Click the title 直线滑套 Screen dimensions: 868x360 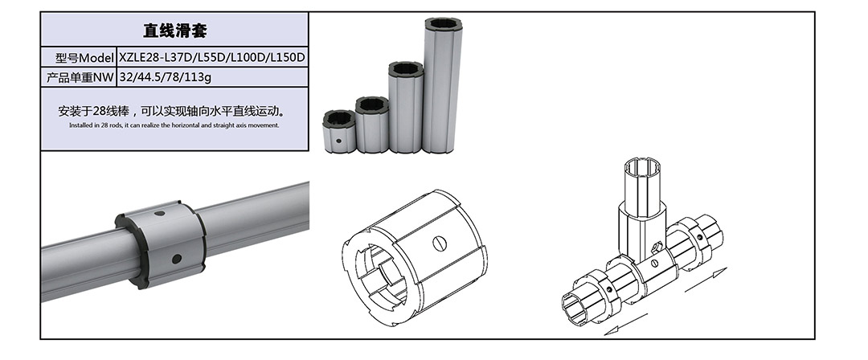[175, 30]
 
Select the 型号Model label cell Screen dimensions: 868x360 [79, 58]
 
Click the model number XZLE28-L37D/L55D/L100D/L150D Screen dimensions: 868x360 [212, 58]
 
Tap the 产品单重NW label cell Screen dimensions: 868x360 [79, 77]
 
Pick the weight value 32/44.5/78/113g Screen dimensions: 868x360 [165, 77]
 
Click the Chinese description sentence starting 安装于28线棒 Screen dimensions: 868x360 [174, 111]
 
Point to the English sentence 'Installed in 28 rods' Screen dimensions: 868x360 [174, 125]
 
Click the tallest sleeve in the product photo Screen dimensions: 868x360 [444, 85]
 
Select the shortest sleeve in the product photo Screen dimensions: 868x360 [339, 131]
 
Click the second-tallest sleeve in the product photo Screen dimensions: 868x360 [406, 107]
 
